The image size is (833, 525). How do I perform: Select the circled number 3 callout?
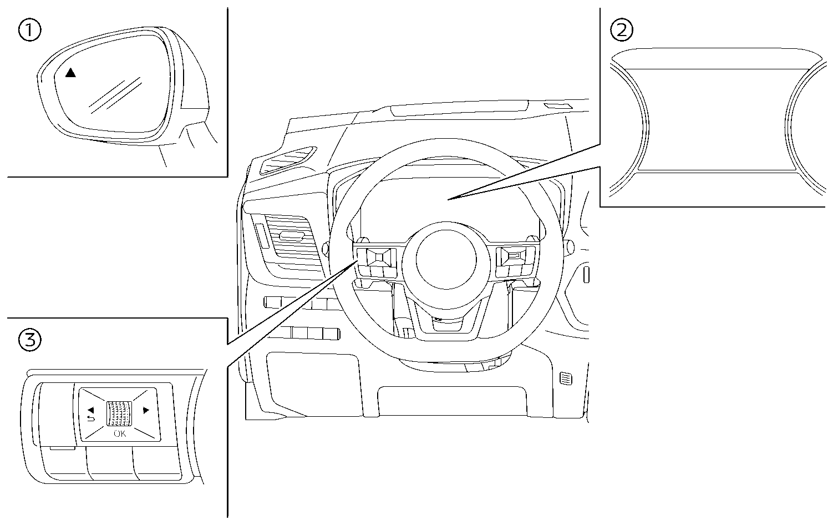pyautogui.click(x=29, y=340)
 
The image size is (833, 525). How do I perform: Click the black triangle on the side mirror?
pyautogui.click(x=70, y=73)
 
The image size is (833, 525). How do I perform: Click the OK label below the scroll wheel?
pyautogui.click(x=120, y=434)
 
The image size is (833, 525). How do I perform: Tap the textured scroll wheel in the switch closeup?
pyautogui.click(x=120, y=413)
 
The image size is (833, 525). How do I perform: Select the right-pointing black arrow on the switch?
pyautogui.click(x=146, y=411)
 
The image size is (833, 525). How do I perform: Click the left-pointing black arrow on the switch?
pyautogui.click(x=90, y=410)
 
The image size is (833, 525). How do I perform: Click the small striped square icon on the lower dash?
pyautogui.click(x=566, y=379)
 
